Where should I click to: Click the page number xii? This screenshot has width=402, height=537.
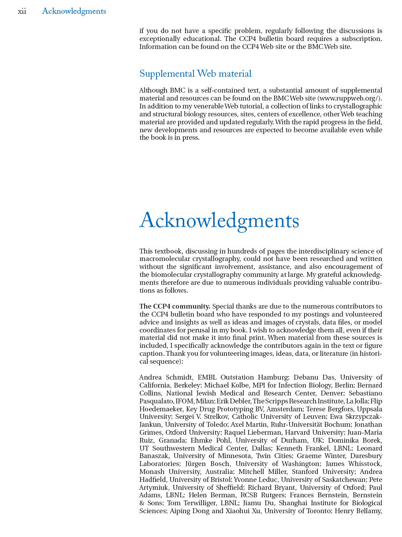click(22, 11)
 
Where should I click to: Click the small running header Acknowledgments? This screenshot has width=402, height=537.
click(74, 11)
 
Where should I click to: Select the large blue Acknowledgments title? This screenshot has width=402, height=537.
click(219, 221)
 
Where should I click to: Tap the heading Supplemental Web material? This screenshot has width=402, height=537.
click(195, 74)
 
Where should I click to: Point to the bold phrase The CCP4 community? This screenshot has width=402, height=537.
click(175, 306)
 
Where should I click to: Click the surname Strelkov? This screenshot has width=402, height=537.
click(215, 417)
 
